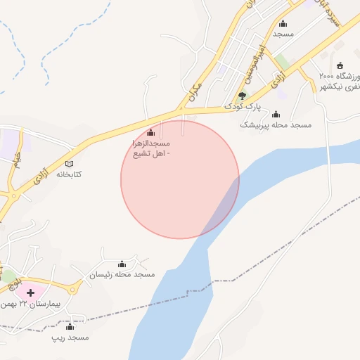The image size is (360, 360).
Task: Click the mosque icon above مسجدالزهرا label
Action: coord(150,132)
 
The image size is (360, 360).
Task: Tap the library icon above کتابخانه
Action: coord(69,164)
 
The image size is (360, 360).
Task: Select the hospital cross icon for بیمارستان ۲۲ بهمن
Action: coord(31,292)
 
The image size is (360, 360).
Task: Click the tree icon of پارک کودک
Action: coord(243,96)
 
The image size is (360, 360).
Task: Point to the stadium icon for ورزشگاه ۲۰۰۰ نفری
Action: coord(340,65)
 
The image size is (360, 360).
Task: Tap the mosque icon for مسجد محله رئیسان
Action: coord(122,264)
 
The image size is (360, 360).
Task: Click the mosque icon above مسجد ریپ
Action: coord(70,327)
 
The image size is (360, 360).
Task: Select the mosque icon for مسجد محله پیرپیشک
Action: coord(276,114)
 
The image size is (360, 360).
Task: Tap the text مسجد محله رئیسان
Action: coord(122,274)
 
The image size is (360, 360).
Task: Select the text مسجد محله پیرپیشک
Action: coord(276,124)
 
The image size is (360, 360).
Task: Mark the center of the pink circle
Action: coord(180,179)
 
